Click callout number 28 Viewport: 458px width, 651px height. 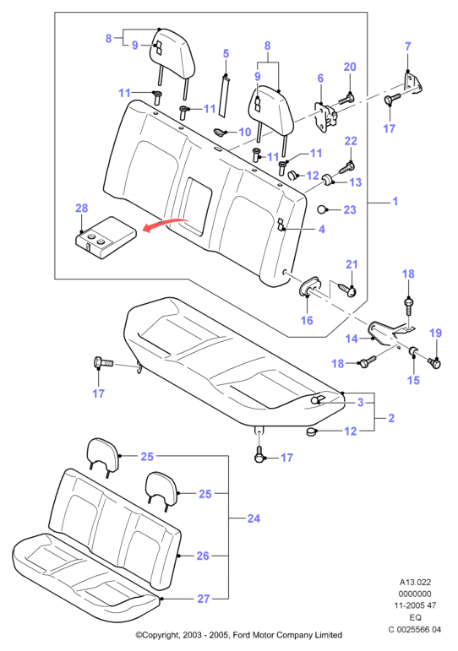(82, 208)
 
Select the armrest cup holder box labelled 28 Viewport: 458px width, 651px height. (106, 237)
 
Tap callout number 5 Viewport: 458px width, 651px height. (226, 53)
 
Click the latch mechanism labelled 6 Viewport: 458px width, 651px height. (326, 117)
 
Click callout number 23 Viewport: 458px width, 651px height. (350, 209)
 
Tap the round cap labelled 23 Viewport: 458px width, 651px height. (323, 209)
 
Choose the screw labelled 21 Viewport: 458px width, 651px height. (348, 290)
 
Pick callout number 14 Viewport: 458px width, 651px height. (352, 339)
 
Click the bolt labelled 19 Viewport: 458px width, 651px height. (433, 362)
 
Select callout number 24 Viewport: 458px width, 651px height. (254, 518)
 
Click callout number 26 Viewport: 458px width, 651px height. (203, 556)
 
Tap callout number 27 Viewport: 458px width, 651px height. (204, 599)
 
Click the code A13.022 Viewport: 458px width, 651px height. (415, 582)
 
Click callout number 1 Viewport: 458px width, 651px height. (395, 201)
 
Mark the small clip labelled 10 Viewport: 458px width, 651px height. (218, 132)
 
